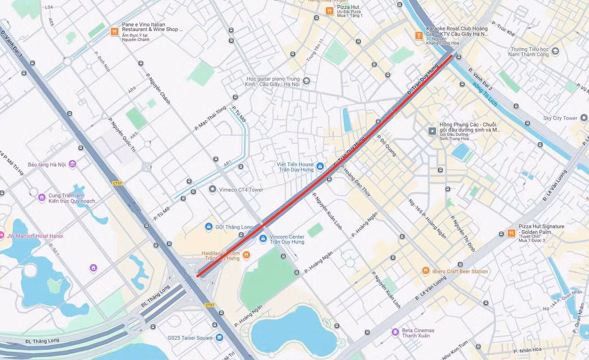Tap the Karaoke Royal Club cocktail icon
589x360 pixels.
(x=419, y=35)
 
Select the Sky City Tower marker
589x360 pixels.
(x=584, y=118)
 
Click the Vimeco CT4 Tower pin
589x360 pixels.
(x=213, y=189)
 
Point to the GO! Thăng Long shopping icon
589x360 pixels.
(x=209, y=227)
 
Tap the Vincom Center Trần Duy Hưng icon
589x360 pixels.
(x=263, y=238)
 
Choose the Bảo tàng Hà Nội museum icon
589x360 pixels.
(x=73, y=164)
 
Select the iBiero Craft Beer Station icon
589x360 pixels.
(x=426, y=271)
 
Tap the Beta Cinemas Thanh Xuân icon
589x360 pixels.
(x=395, y=333)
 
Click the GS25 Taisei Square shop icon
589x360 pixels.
(x=219, y=337)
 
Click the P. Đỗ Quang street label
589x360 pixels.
(x=387, y=146)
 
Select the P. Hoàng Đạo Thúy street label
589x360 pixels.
(x=354, y=182)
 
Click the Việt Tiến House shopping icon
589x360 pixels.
(x=320, y=167)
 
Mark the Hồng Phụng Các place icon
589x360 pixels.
(x=432, y=131)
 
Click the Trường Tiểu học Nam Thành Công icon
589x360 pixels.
(x=555, y=51)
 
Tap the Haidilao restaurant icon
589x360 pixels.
(x=246, y=255)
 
